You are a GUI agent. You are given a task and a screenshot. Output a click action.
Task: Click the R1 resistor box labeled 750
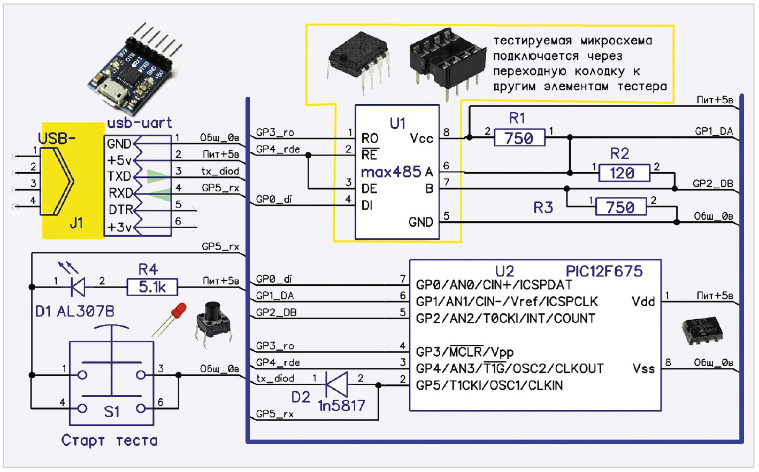(x=518, y=138)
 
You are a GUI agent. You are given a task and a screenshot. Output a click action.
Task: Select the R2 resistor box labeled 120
(x=622, y=173)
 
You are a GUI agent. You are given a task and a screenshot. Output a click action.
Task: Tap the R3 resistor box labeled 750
(x=620, y=207)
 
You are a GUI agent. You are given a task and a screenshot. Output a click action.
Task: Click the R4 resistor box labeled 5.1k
(x=152, y=287)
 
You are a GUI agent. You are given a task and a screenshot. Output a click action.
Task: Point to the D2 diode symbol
(x=337, y=384)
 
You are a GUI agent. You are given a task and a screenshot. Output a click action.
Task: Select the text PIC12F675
(x=604, y=271)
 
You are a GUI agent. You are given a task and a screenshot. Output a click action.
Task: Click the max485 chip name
(x=391, y=172)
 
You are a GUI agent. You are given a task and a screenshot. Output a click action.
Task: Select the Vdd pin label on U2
(x=643, y=301)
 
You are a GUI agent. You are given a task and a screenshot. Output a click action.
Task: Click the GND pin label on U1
(x=421, y=222)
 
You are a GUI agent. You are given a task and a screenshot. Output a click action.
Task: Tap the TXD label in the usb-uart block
(x=119, y=176)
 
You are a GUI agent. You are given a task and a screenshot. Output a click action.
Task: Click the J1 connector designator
(x=76, y=223)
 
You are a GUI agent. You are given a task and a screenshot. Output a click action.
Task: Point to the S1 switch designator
(x=111, y=412)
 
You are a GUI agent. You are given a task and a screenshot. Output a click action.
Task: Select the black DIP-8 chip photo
(x=357, y=59)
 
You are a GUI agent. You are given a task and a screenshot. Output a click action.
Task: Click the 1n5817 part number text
(x=341, y=406)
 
